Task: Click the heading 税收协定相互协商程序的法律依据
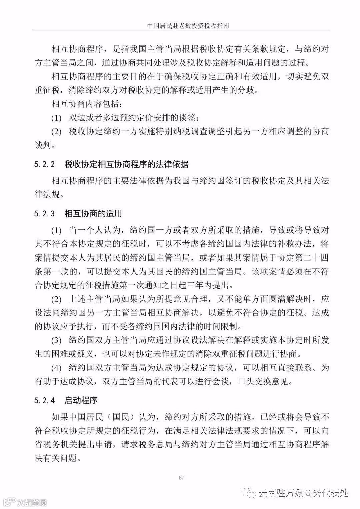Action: (126, 164)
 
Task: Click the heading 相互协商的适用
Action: (93, 213)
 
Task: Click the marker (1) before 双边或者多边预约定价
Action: (56, 118)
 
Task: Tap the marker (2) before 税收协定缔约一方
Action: (56, 132)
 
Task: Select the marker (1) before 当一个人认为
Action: (56, 230)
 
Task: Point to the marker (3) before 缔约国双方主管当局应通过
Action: (56, 340)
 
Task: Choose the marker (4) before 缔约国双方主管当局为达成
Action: (56, 368)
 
